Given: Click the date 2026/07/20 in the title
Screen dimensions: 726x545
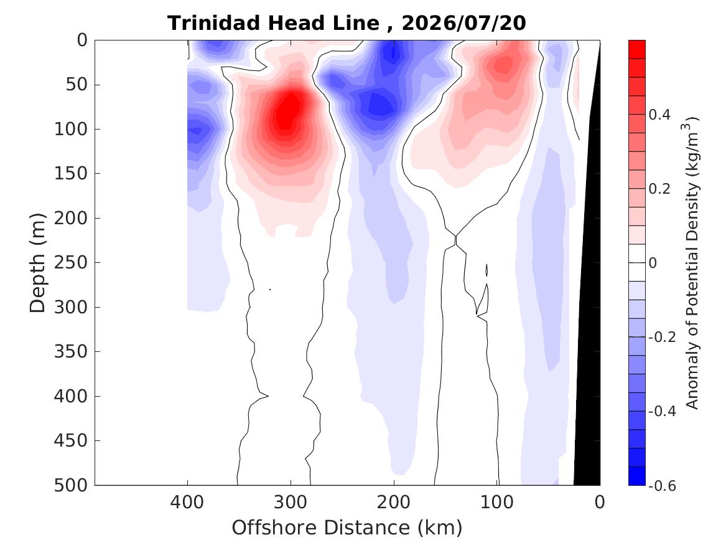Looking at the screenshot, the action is coord(463,23).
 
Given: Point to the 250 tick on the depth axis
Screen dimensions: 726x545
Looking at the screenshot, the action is coord(71,262).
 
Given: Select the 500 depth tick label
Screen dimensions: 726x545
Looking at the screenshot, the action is coord(71,485).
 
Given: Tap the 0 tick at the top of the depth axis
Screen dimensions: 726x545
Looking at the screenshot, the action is coord(82,40).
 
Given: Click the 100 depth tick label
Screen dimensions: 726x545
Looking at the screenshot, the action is coord(71,129).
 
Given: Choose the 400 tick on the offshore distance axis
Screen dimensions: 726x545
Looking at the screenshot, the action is coord(187,502).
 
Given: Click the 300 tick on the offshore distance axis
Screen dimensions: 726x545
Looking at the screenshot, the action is coord(291,502).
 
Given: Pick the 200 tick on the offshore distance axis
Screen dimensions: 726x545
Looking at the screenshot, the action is coord(394,502).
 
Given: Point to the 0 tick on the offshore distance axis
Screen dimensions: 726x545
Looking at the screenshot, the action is coord(600,502).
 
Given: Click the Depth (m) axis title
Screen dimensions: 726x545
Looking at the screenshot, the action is coord(37,263).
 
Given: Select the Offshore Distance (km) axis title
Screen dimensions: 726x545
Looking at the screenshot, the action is coord(347,528).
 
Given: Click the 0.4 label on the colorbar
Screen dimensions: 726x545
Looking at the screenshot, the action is coord(660,115).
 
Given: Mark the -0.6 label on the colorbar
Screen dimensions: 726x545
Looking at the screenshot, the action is coord(662,486).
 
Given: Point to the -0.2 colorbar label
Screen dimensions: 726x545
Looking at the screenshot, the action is coord(662,337).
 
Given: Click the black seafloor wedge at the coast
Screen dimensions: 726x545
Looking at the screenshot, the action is coord(589,325).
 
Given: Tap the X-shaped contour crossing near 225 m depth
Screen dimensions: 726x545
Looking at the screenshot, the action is coord(455,240).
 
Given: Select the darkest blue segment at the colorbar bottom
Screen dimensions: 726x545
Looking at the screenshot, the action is coord(636,476).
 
